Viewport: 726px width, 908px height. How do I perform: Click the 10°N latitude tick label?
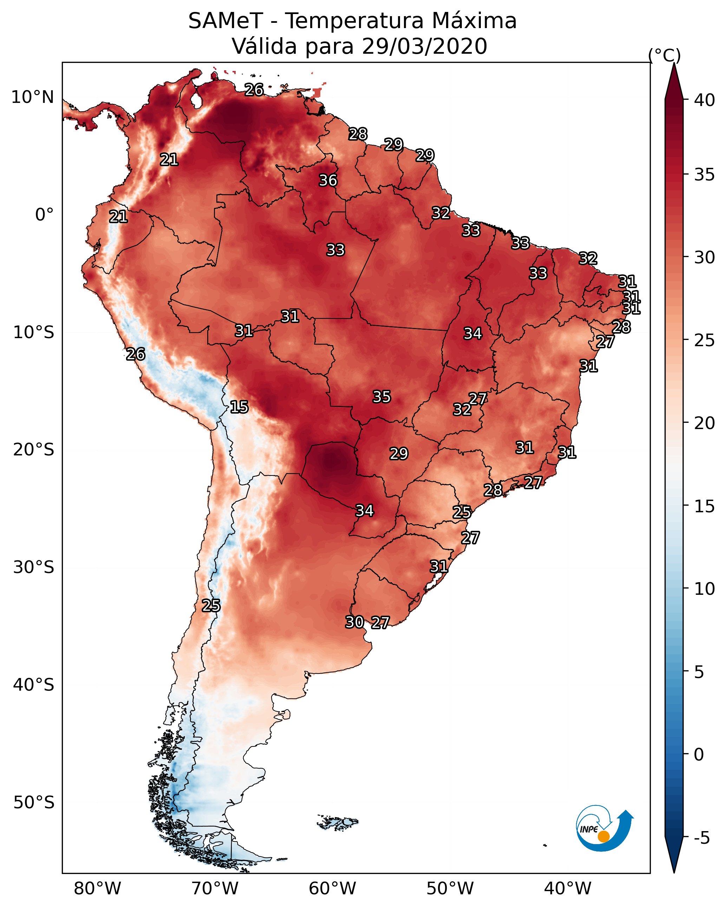[x=32, y=97]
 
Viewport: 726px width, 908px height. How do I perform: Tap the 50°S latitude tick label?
[x=34, y=802]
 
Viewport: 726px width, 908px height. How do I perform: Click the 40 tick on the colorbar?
[x=705, y=100]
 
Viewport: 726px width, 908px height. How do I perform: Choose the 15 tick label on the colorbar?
[x=705, y=506]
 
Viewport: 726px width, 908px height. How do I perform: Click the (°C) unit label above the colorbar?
[x=664, y=55]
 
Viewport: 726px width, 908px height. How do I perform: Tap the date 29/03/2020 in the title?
[x=424, y=46]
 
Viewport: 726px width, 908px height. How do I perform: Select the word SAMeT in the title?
[x=225, y=21]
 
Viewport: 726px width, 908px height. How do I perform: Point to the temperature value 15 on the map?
[x=239, y=407]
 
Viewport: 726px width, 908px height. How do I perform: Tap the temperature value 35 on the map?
[x=381, y=397]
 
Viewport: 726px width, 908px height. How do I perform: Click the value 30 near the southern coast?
[x=354, y=622]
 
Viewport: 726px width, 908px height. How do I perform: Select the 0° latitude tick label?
[x=44, y=215]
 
